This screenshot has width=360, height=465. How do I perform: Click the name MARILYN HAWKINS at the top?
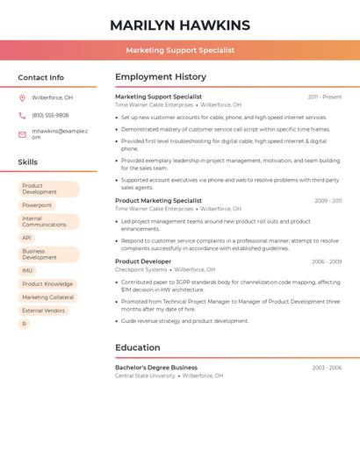click(x=180, y=25)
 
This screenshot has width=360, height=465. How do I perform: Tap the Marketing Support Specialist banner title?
click(x=180, y=50)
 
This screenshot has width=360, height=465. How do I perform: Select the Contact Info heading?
click(x=40, y=77)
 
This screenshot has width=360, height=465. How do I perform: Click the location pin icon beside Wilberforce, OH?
click(x=22, y=97)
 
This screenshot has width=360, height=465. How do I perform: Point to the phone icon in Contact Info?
click(x=22, y=115)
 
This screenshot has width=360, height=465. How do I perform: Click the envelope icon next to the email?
click(x=22, y=134)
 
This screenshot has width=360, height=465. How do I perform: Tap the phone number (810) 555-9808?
click(x=50, y=115)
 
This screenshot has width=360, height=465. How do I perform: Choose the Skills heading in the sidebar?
click(x=27, y=161)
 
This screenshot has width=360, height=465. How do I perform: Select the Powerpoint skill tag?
click(x=37, y=205)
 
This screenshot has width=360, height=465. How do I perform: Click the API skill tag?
click(x=26, y=238)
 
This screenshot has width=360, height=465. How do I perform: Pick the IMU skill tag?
click(x=27, y=270)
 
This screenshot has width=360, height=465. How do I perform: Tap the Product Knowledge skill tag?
click(x=47, y=284)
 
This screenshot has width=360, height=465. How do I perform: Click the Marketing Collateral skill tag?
click(x=47, y=297)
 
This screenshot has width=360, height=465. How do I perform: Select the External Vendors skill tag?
click(x=43, y=311)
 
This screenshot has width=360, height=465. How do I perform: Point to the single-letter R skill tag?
click(x=24, y=324)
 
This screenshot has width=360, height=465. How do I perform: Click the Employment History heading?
click(x=161, y=77)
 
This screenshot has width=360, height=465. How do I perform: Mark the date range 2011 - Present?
click(x=324, y=97)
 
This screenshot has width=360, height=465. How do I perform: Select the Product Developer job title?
click(x=143, y=261)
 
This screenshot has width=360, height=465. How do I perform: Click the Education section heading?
click(x=137, y=347)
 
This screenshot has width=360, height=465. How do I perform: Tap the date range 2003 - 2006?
click(x=327, y=368)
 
